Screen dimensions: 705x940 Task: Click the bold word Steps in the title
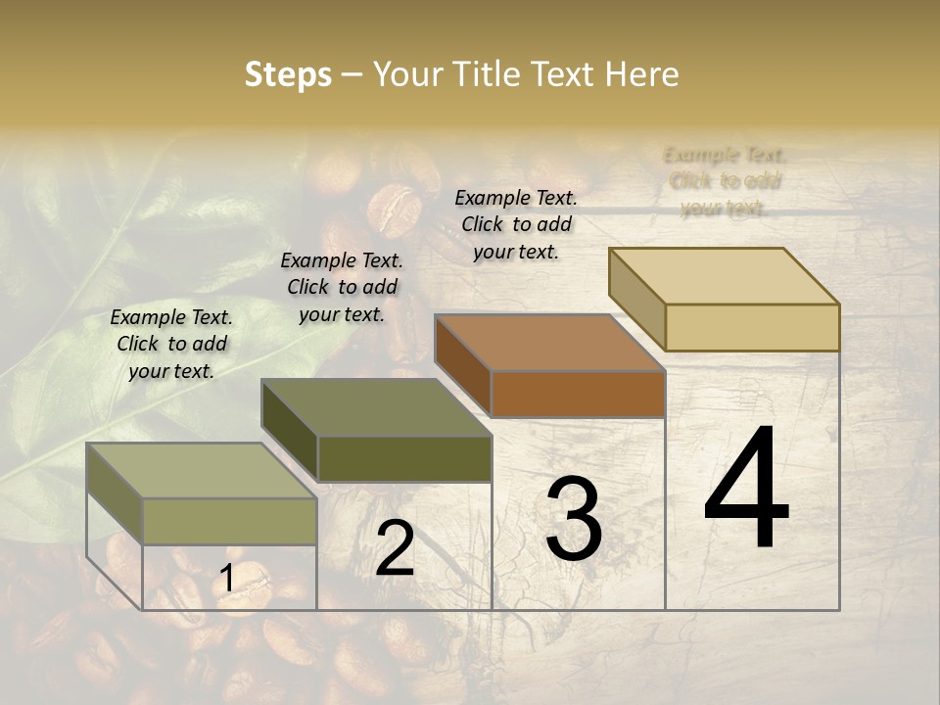(x=288, y=74)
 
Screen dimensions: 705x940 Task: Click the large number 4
(x=746, y=489)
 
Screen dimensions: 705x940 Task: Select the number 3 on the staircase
(x=574, y=519)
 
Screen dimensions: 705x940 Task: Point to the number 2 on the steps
(x=395, y=549)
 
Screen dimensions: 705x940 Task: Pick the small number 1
(x=227, y=579)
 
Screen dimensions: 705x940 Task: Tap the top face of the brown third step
(x=549, y=343)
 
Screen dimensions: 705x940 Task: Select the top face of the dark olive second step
(x=376, y=407)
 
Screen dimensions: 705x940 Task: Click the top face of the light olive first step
(x=202, y=471)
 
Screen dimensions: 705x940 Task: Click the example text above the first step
(x=171, y=344)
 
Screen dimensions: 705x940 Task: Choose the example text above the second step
(x=342, y=287)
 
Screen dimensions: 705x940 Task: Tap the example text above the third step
(x=516, y=224)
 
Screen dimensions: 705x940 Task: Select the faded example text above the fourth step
(x=725, y=181)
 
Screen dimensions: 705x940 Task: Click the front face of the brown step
(x=578, y=395)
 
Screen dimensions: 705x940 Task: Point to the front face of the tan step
(x=752, y=327)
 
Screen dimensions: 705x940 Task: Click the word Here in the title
(x=642, y=74)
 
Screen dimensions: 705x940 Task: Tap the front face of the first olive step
(x=229, y=521)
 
